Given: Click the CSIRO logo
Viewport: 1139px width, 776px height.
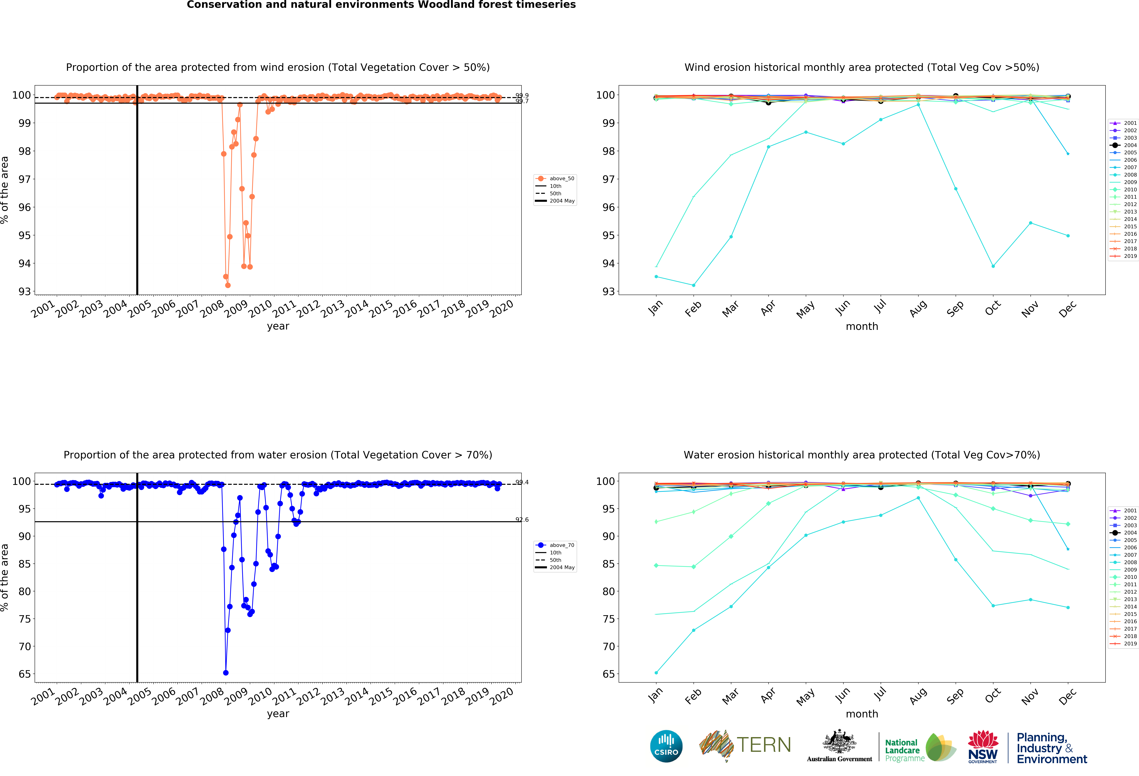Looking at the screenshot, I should click(666, 746).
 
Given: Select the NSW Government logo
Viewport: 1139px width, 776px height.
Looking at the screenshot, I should click(983, 747).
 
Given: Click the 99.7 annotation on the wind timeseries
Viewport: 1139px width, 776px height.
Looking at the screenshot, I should click(522, 101).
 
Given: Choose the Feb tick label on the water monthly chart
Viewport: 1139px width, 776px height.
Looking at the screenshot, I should click(693, 696).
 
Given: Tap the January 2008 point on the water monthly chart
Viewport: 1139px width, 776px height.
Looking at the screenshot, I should click(656, 673).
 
